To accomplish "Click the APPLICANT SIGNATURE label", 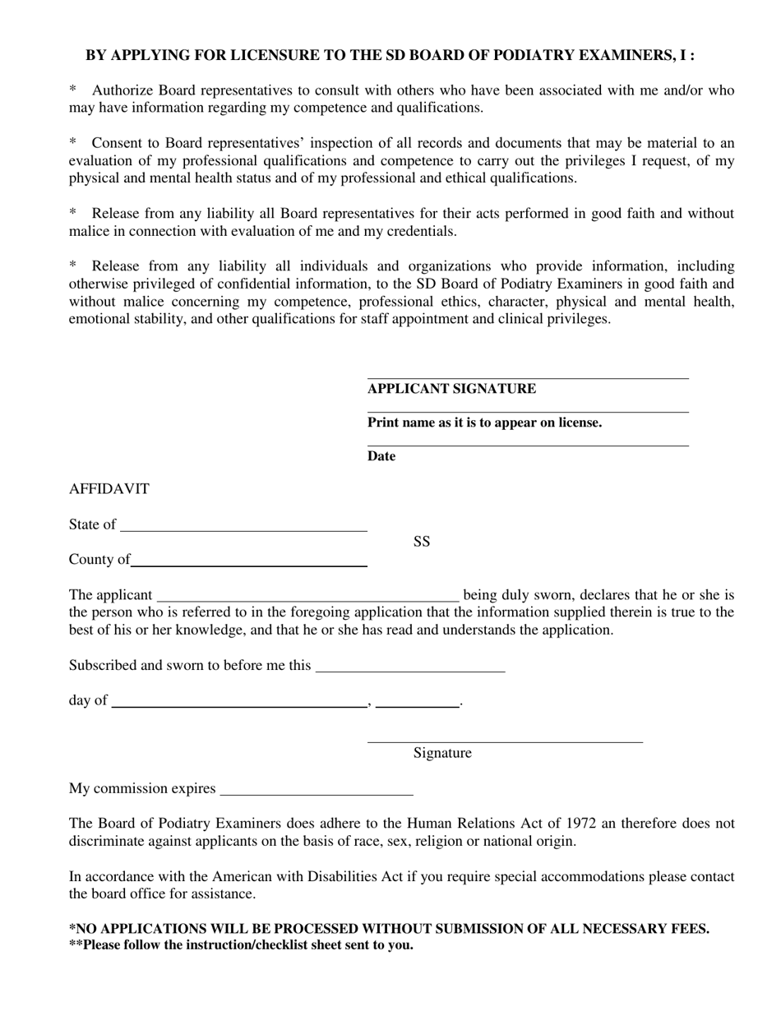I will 451,389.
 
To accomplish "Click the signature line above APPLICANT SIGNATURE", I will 527,378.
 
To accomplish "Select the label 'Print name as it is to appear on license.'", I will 484,422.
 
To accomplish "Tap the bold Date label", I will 381,456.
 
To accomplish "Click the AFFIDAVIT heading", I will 109,489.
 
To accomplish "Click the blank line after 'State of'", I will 243,530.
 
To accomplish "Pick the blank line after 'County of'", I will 249,566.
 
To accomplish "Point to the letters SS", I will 422,542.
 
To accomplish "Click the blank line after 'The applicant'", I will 307,600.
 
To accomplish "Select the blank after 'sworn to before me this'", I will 410,671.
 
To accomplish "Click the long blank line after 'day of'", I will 238,705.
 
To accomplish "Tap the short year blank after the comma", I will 418,705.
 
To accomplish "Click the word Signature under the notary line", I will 442,753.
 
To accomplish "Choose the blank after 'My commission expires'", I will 317,794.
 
